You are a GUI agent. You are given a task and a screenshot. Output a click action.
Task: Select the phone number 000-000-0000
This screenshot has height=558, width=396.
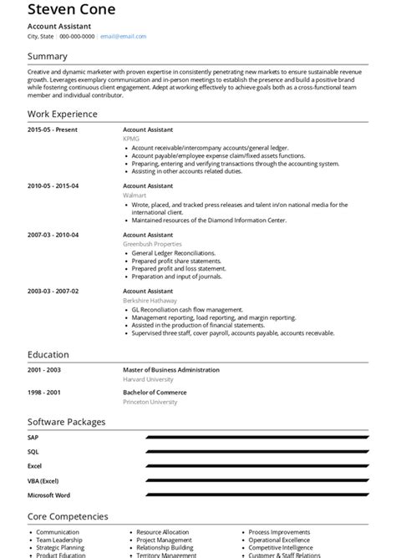click(76, 37)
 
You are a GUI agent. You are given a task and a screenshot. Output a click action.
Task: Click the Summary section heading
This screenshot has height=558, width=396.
click(48, 57)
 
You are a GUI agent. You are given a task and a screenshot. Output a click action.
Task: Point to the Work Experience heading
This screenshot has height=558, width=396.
click(63, 114)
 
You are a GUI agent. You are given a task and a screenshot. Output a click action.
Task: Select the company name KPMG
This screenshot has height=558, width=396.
click(131, 138)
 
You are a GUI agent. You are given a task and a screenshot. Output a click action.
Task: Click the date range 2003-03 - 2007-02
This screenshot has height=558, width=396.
click(53, 290)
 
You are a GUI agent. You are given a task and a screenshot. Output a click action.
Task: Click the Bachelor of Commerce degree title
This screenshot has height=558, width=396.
click(155, 392)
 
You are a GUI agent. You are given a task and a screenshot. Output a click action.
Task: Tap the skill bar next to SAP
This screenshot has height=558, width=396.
click(255, 437)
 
